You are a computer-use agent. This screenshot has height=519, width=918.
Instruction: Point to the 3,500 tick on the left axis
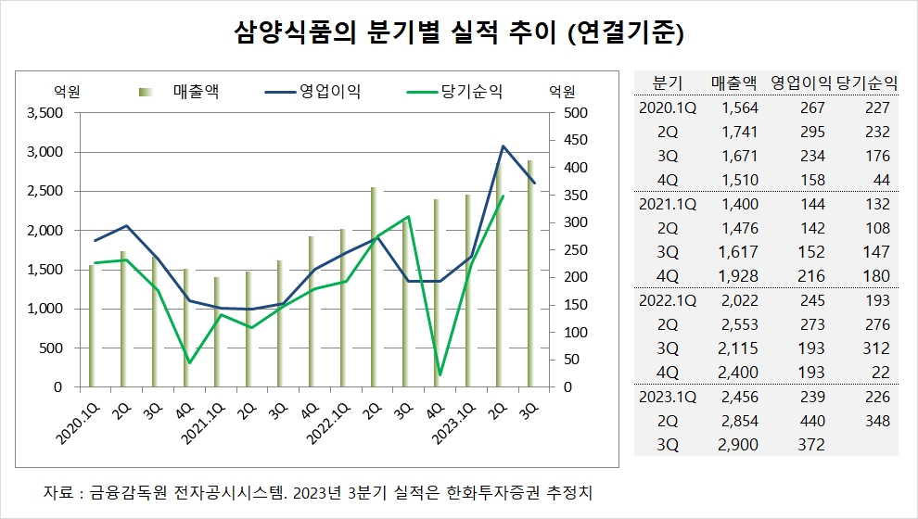[45, 113]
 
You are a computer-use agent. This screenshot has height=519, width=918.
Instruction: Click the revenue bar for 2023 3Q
[530, 273]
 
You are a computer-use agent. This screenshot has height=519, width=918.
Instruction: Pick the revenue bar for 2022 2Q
[374, 286]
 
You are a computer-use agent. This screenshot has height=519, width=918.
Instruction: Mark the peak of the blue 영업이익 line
[503, 146]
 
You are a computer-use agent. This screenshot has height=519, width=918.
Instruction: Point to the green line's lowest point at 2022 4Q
[440, 374]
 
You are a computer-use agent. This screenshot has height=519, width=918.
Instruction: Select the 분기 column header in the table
[668, 82]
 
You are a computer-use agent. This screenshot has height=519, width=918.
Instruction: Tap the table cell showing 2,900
[739, 445]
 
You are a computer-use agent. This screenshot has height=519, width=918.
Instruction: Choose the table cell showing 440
[812, 421]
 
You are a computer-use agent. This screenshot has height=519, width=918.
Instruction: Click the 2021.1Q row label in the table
[668, 204]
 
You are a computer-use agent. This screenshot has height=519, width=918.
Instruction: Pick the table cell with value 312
[875, 348]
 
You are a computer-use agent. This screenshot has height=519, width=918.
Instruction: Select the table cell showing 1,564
[739, 108]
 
